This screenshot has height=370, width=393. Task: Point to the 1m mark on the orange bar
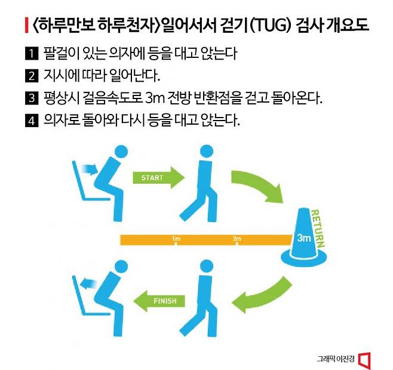coord(176,239)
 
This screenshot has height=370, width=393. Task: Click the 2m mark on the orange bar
coord(237,239)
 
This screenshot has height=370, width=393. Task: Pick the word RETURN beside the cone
coord(318,227)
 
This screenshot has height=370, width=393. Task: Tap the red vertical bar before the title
coord(26,26)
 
